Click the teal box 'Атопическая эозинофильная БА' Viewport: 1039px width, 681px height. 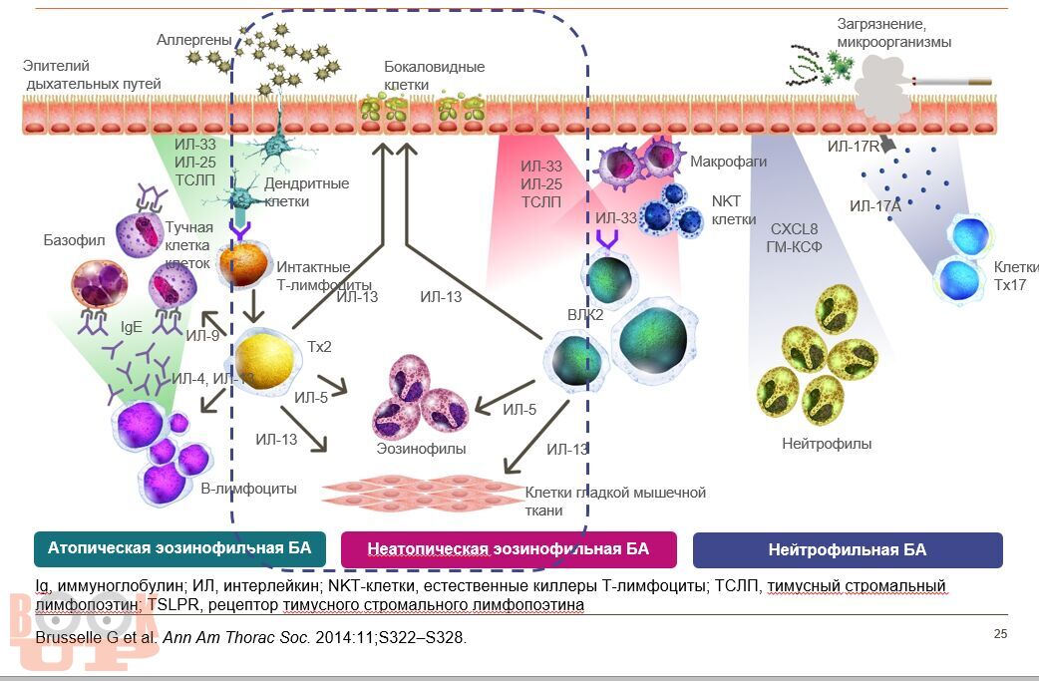click(x=179, y=548)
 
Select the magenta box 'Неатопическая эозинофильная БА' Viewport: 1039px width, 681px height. click(x=508, y=548)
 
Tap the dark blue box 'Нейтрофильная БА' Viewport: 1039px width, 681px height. click(x=847, y=549)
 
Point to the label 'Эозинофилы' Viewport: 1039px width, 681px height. click(x=421, y=449)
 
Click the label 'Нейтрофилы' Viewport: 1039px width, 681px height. click(x=827, y=444)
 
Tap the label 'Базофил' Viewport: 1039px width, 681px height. click(x=70, y=240)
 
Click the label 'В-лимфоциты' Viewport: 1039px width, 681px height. click(x=249, y=489)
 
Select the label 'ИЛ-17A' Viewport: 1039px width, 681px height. click(x=874, y=206)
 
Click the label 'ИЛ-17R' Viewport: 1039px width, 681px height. click(x=853, y=147)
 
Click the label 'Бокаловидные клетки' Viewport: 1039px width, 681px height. click(x=435, y=76)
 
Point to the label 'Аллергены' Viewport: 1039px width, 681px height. click(x=194, y=40)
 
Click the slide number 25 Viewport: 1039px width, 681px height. click(x=1000, y=634)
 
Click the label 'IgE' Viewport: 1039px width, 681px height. click(x=132, y=325)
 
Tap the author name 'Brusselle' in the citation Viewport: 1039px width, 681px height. click(x=70, y=637)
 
